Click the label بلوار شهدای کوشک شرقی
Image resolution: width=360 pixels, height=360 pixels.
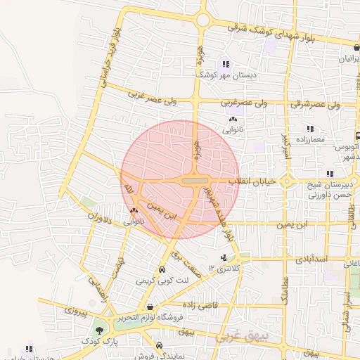coord(287,36)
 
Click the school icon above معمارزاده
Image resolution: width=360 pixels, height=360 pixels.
coord(309,129)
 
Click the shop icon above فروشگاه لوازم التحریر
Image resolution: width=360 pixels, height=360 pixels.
coord(151,307)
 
